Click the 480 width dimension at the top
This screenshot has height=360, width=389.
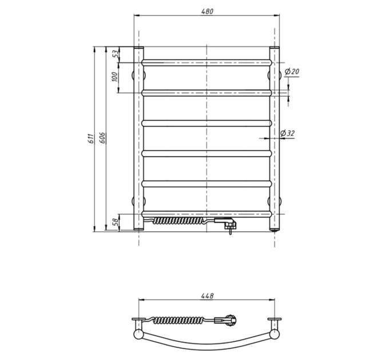coord(207,11)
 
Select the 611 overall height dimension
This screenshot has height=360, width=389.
coord(92,138)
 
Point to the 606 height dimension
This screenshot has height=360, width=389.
coord(103,138)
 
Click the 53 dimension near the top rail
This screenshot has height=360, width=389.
coord(116,54)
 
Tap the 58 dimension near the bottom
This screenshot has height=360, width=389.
coord(116,222)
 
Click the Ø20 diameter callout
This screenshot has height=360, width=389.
coord(292,72)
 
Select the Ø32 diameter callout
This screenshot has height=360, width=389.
coord(287,133)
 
